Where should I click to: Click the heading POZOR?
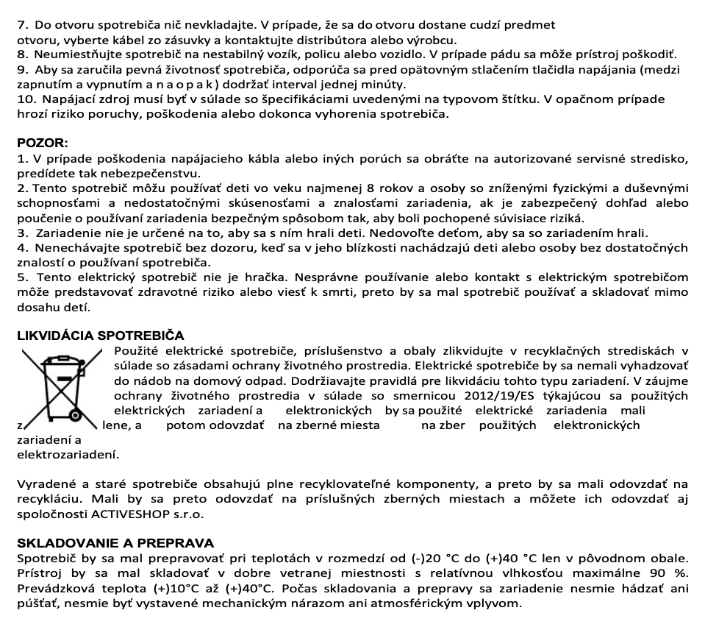42,143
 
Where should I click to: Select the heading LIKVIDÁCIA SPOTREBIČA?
100,336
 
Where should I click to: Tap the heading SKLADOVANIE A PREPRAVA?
115,543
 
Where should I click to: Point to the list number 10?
27,99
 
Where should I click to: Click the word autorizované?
505,159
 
